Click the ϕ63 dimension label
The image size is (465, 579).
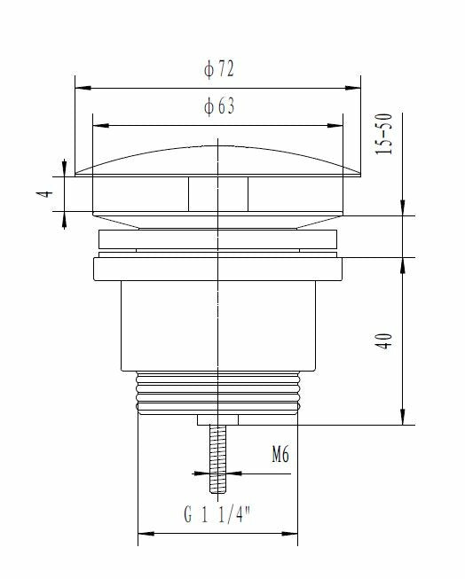[x=218, y=107]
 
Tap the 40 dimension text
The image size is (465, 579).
[x=384, y=341]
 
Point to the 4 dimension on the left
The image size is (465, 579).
[x=51, y=192]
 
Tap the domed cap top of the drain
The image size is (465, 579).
[x=217, y=160]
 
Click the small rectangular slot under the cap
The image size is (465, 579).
[x=217, y=192]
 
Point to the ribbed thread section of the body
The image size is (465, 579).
[x=217, y=392]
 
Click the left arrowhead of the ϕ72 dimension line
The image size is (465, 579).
[x=80, y=88]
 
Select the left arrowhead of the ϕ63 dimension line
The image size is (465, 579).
[x=98, y=123]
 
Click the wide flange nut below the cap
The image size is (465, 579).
[x=217, y=270]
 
